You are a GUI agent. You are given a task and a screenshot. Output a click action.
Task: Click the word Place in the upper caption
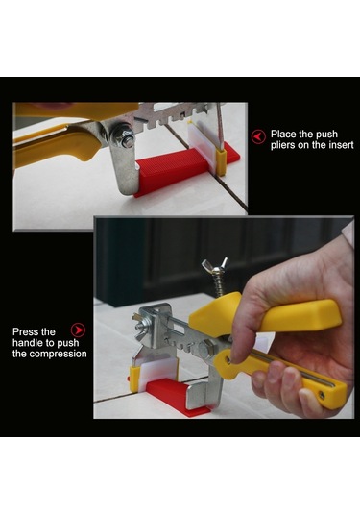pyautogui.click(x=282, y=135)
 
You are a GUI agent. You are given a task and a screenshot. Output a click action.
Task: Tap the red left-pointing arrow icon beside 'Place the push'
pyautogui.click(x=258, y=136)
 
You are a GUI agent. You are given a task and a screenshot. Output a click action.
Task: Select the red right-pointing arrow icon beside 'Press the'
pyautogui.click(x=78, y=330)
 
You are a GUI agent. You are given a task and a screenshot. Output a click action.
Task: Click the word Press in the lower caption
pyautogui.click(x=24, y=332)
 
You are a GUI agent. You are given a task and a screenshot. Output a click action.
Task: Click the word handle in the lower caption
pyautogui.click(x=28, y=343)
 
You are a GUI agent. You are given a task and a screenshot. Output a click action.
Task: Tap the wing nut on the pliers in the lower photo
pyautogui.click(x=215, y=265)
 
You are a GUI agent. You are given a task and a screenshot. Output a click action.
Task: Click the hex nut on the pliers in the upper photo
pyautogui.click(x=124, y=136)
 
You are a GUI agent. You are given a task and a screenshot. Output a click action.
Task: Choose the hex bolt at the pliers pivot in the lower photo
pyautogui.click(x=205, y=350)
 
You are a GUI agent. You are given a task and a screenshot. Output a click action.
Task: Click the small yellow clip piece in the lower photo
pyautogui.click(x=134, y=379)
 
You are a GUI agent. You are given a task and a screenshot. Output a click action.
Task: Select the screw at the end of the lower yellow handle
pyautogui.click(x=322, y=396)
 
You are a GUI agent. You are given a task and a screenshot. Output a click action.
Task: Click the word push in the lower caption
pyautogui.click(x=68, y=343)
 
